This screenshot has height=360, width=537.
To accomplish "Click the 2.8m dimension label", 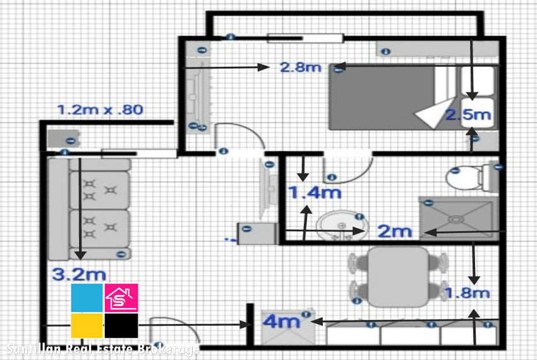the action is (301, 67).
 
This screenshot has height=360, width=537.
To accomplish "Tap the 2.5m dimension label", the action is (469, 115).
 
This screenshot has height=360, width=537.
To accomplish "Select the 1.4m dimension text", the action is (315, 193).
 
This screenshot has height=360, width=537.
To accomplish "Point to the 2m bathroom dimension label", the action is (394, 232).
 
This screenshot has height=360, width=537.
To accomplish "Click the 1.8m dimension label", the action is (467, 293).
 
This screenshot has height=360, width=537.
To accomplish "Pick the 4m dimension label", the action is (281, 322).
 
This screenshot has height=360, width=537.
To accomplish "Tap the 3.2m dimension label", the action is (79, 275).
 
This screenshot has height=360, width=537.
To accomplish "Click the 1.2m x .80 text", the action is (100, 110).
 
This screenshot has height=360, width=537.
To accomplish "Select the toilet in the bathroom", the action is (472, 177).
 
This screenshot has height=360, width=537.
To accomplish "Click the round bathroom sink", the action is (342, 226).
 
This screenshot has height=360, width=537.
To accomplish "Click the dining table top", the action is (399, 277).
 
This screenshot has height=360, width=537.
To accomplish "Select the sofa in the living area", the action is (90, 209).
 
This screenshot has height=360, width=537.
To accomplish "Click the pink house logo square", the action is (121, 297).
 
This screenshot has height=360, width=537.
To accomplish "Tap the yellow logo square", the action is (87, 326).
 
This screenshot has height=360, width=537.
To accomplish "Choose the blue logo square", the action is (87, 297).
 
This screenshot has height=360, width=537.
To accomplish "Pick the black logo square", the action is (121, 326).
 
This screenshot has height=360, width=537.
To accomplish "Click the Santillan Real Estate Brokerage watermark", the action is (103, 349).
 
